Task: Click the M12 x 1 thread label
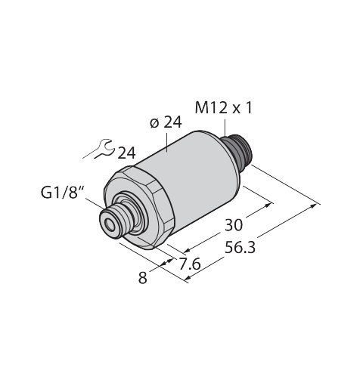(x=223, y=109)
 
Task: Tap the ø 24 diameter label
(x=166, y=123)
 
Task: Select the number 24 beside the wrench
(x=127, y=153)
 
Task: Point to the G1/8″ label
(x=63, y=193)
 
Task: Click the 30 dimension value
(x=234, y=225)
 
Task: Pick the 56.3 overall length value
(x=240, y=247)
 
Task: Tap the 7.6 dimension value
(x=190, y=264)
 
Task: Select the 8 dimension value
(x=143, y=278)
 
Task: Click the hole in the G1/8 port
(x=110, y=225)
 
